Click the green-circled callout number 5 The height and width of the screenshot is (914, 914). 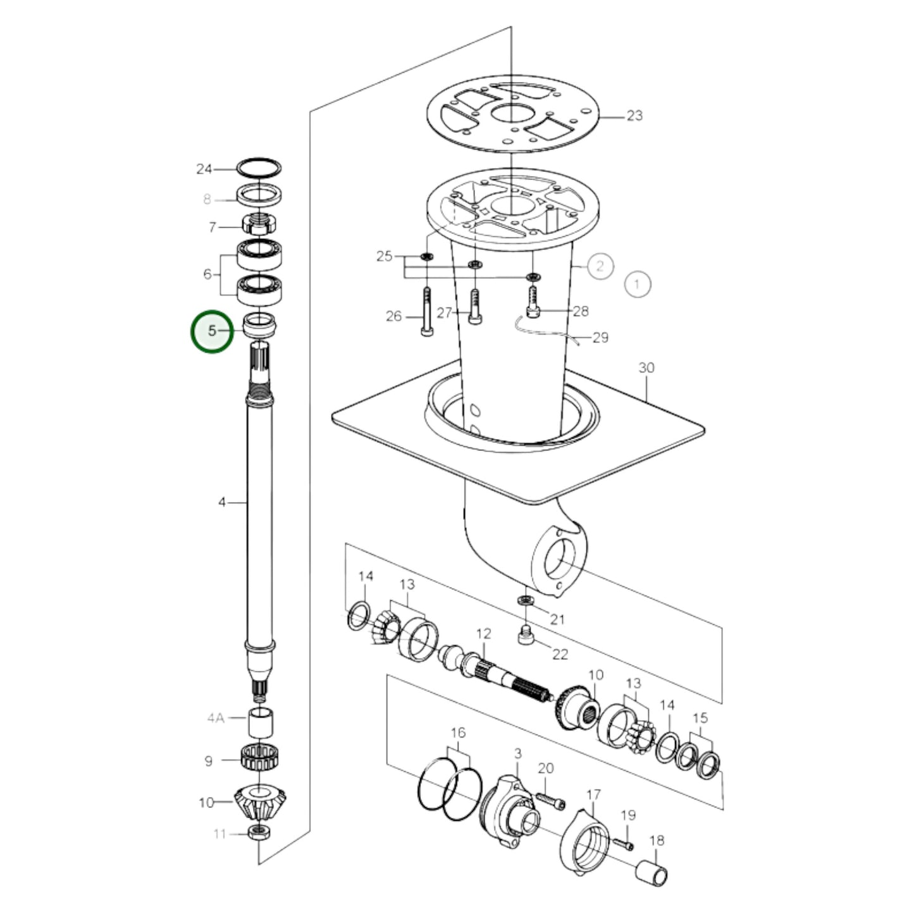[212, 331]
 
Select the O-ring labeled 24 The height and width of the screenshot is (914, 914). [259, 168]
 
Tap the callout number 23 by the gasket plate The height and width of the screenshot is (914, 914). [634, 116]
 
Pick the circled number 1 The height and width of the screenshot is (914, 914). [637, 284]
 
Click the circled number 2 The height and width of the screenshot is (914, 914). [600, 266]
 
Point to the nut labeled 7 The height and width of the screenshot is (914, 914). [259, 225]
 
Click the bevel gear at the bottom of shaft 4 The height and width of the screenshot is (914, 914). [259, 803]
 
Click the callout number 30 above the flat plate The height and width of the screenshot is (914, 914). [646, 368]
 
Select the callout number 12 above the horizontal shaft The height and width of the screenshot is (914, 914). [483, 634]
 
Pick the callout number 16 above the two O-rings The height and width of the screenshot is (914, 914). [458, 732]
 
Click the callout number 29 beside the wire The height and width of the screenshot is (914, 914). [600, 337]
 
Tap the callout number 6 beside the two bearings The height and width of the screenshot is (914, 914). [207, 275]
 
